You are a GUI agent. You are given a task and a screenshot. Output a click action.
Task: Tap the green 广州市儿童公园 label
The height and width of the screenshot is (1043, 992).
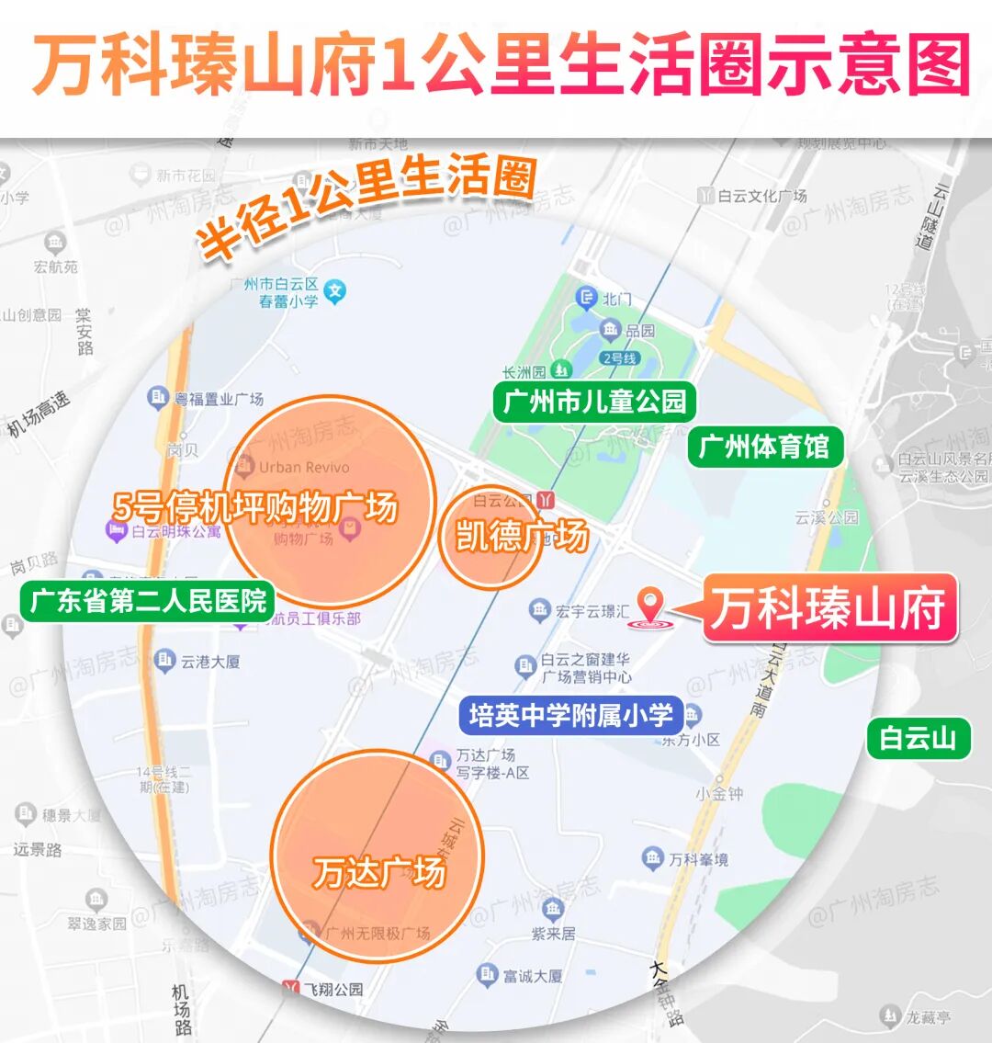pyautogui.click(x=594, y=402)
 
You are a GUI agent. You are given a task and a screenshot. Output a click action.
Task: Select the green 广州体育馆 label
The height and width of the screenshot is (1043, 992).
pyautogui.click(x=764, y=448)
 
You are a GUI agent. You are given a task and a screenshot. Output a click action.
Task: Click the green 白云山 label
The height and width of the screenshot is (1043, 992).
pyautogui.click(x=919, y=739)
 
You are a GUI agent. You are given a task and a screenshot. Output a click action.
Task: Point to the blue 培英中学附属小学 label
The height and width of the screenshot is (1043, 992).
pyautogui.click(x=571, y=716)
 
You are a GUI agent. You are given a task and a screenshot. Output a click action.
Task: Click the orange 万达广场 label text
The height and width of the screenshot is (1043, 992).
pyautogui.click(x=378, y=872)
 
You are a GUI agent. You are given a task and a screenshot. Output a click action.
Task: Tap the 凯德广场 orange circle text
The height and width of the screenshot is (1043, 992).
pyautogui.click(x=521, y=536)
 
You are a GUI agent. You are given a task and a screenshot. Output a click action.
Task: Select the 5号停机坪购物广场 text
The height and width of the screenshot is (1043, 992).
pyautogui.click(x=255, y=507)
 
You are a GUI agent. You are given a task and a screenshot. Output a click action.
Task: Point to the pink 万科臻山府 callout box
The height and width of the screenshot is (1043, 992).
pyautogui.click(x=829, y=608)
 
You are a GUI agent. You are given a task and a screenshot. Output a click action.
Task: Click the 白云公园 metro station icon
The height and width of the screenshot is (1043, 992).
pyautogui.click(x=547, y=500)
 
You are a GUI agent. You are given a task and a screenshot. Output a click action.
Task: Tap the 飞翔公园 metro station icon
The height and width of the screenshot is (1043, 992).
pyautogui.click(x=292, y=989)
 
